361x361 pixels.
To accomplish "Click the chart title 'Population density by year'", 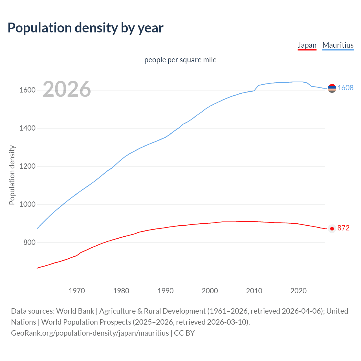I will click(x=85, y=28).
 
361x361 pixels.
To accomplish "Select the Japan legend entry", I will click(x=307, y=45).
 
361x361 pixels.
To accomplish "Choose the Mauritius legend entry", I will click(x=338, y=45).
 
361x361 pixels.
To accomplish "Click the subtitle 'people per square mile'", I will click(x=180, y=60).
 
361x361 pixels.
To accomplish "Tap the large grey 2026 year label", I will click(x=67, y=89).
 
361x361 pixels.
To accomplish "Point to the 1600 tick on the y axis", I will click(x=27, y=90).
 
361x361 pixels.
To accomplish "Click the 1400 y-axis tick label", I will click(x=27, y=128).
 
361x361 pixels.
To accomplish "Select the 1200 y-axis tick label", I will click(x=27, y=166).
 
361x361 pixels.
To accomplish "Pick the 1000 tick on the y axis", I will click(x=27, y=204).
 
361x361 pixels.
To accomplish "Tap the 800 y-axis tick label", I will click(x=29, y=242).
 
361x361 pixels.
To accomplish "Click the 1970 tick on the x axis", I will click(x=77, y=291).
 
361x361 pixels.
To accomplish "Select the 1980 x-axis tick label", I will click(x=121, y=291).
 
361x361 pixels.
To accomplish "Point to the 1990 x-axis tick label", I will click(x=166, y=291).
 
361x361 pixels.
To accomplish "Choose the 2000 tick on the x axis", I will click(x=210, y=291).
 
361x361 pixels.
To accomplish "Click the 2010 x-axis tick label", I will click(x=254, y=291).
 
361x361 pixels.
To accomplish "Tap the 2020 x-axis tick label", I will click(x=298, y=291).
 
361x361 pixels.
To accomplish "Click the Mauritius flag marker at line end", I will click(x=332, y=88).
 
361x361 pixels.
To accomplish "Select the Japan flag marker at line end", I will click(x=332, y=228).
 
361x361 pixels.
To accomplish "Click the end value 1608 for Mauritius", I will click(x=345, y=88).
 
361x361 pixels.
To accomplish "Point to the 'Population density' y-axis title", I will click(x=12, y=175).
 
